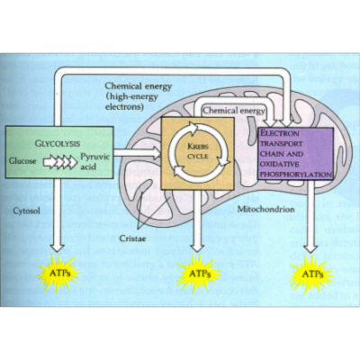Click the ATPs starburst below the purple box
click(312, 274)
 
